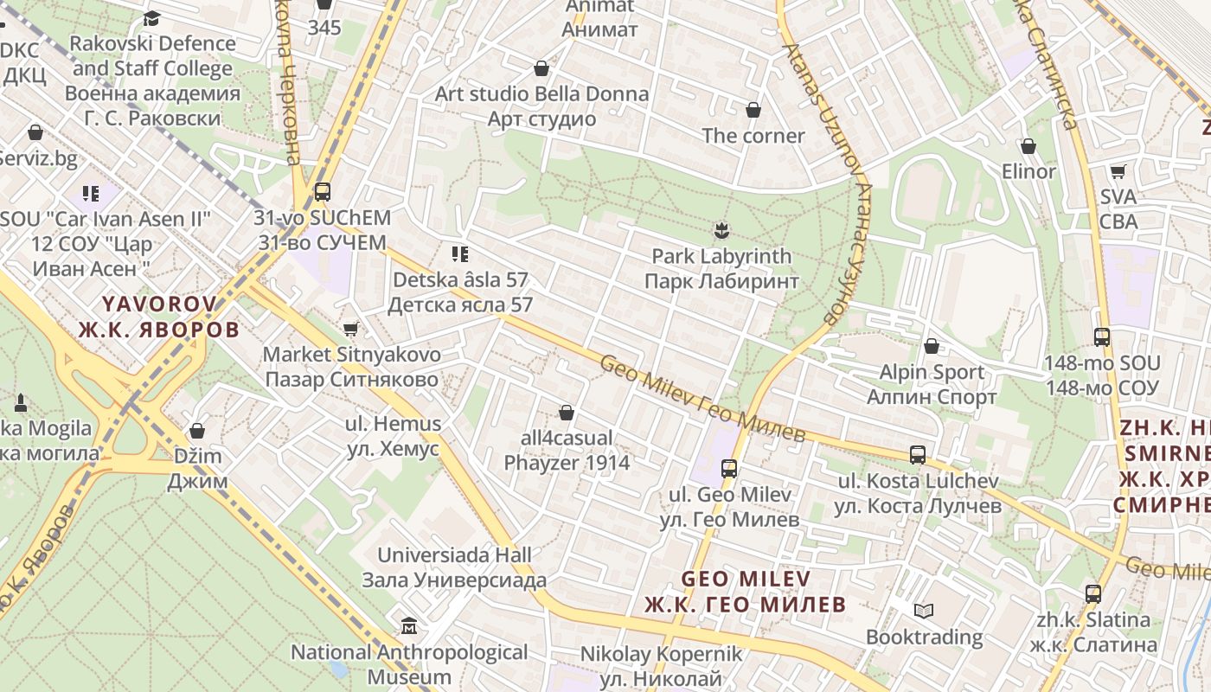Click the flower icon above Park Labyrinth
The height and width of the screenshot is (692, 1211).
721,230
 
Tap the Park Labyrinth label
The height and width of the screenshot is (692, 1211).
721,269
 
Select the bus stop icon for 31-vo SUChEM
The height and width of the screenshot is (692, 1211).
323,192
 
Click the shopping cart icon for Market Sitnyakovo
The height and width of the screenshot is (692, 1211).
350,329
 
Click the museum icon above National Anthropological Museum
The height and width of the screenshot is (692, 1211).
409,625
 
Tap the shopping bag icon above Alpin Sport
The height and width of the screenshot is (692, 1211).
932,346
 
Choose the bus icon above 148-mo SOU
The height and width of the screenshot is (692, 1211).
1101,337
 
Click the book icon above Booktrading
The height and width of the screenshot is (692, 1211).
924,612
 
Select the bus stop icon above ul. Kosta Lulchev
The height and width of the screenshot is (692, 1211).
918,455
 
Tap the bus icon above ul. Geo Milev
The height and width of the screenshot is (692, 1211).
729,469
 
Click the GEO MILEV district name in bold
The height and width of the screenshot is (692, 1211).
745,591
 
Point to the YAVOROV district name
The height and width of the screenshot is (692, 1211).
159,317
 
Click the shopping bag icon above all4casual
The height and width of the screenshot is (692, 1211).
567,413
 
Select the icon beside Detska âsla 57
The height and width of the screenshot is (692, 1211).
460,254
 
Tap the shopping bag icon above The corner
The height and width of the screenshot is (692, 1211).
753,110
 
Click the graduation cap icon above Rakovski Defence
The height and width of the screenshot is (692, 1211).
151,18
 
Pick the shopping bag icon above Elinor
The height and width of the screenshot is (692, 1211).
1028,146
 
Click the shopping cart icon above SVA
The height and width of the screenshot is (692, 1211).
1118,171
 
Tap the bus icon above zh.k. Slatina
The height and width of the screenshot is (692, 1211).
1093,594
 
